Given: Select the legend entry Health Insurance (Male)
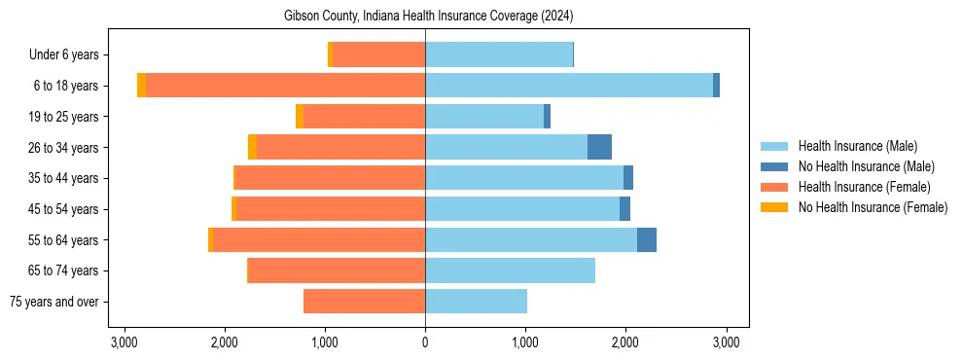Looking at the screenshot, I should tap(857, 146).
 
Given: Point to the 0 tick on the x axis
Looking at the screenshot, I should tap(425, 342).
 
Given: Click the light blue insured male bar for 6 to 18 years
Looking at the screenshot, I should tap(569, 86).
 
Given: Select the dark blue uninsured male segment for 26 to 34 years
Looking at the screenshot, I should tap(599, 147).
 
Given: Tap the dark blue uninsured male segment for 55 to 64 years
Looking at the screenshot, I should tap(647, 239).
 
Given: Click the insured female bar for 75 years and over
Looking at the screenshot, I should tap(365, 302).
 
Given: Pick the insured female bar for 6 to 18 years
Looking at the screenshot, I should tap(285, 86).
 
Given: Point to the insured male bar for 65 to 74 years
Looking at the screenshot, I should tap(510, 270).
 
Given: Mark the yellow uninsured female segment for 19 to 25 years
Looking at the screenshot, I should tap(300, 117).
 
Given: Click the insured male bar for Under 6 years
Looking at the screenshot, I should tap(498, 54).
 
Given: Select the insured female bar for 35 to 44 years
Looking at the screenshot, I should tap(331, 178).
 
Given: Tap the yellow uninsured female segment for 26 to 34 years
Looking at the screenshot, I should tap(252, 147).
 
